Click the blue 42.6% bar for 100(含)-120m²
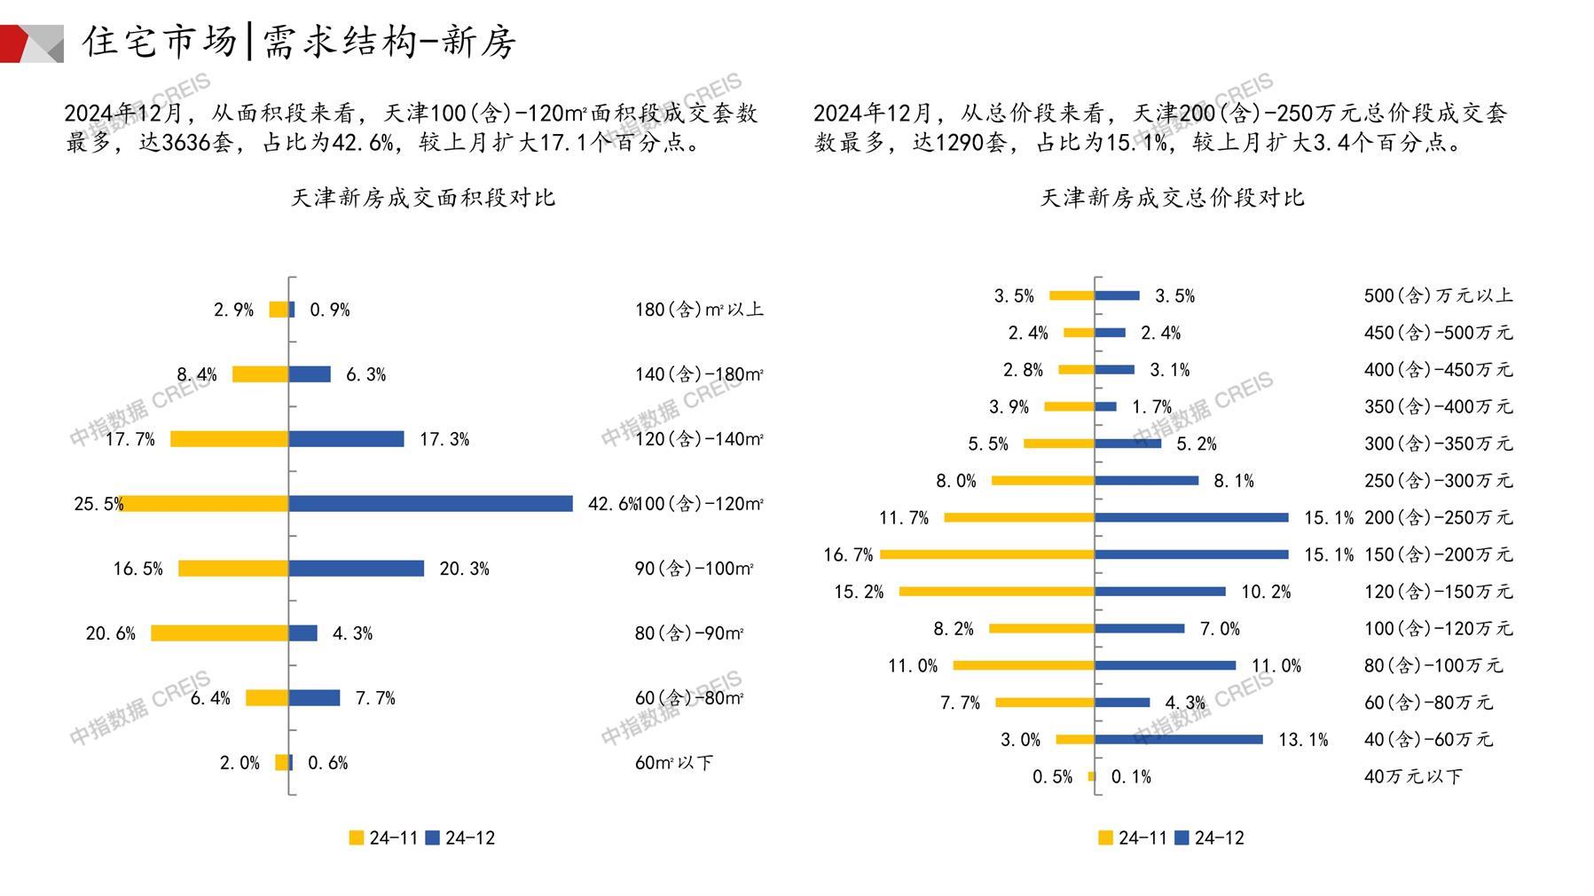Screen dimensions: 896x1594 click(430, 504)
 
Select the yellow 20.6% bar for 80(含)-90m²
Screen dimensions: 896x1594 click(219, 633)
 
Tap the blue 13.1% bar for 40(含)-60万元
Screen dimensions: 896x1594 click(1179, 739)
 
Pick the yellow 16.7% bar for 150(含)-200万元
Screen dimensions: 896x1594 click(987, 554)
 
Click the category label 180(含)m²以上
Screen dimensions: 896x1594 click(699, 310)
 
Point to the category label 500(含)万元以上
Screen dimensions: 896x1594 click(1438, 295)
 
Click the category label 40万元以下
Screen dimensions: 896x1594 click(1413, 776)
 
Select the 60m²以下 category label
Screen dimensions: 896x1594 click(673, 763)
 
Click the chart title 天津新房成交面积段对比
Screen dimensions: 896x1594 click(423, 198)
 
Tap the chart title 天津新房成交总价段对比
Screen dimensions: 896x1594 click(1172, 198)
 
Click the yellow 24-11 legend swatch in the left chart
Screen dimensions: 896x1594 click(357, 837)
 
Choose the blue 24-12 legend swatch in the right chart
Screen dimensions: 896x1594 click(1182, 837)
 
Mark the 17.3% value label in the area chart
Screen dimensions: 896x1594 click(444, 439)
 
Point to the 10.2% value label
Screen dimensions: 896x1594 click(1266, 592)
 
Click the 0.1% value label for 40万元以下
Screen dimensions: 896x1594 click(1131, 777)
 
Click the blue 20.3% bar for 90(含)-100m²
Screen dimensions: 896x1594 click(357, 569)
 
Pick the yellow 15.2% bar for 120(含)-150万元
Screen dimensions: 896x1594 click(997, 592)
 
